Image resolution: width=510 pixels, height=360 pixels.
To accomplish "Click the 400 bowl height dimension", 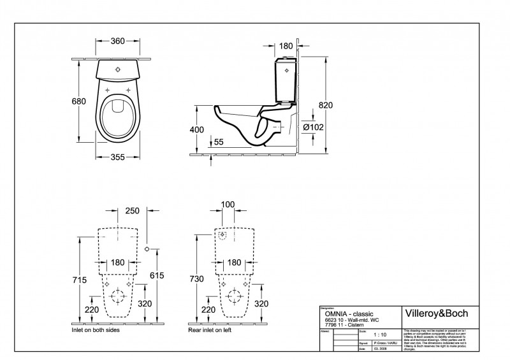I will click(197, 130).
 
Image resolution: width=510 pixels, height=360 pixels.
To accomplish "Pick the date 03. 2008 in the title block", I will click(380, 349).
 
